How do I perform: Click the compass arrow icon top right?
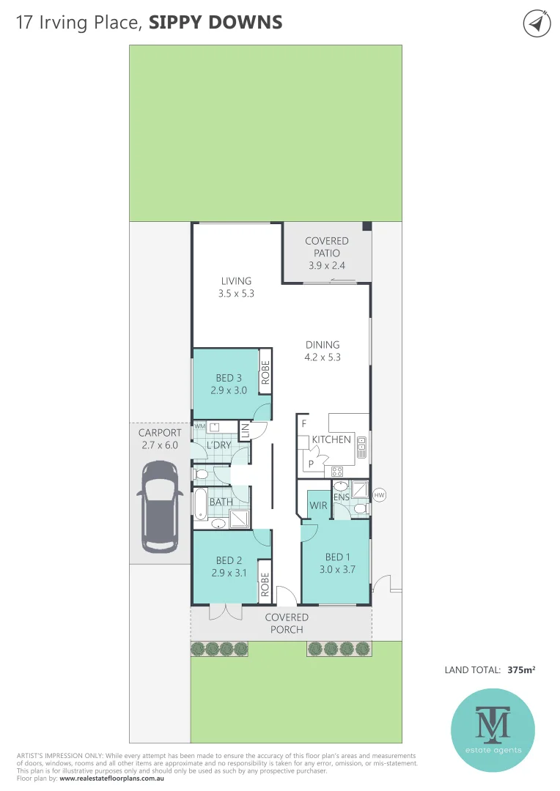[537, 23]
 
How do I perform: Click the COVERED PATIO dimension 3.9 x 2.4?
[327, 265]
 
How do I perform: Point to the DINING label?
[323, 344]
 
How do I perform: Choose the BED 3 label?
[229, 378]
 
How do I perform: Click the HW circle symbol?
[379, 496]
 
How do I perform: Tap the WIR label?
[318, 505]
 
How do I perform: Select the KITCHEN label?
[331, 439]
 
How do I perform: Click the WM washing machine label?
[199, 426]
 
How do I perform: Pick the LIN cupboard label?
[246, 431]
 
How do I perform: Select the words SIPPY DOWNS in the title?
[215, 22]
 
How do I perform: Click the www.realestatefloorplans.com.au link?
[111, 778]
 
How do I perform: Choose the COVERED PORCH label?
[287, 623]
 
